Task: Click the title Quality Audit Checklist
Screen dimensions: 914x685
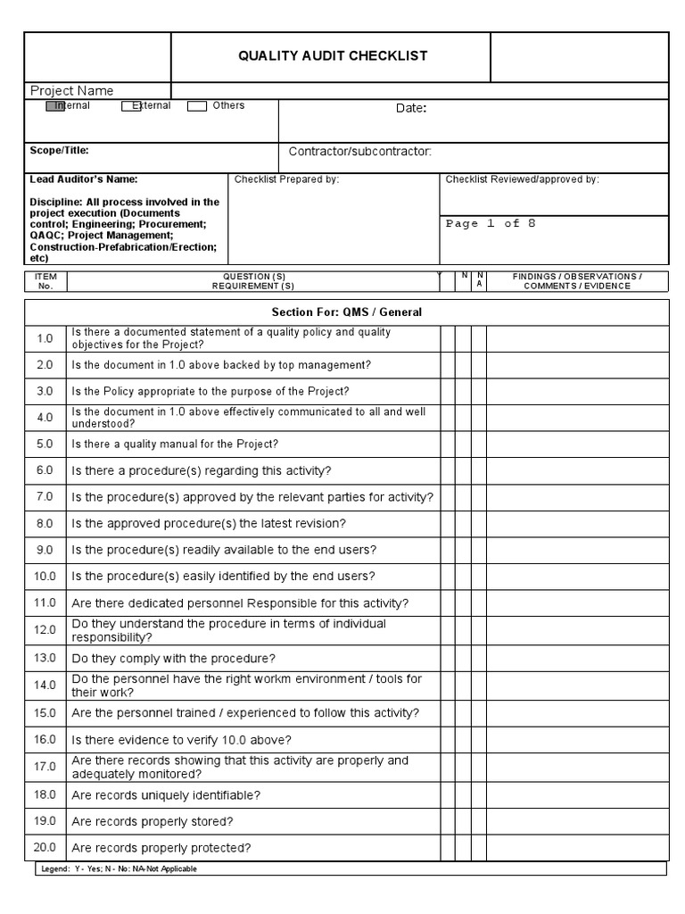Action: click(x=332, y=56)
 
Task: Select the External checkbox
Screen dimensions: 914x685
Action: click(x=127, y=106)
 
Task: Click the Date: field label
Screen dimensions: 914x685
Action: click(x=411, y=109)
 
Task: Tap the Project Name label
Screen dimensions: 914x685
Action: click(x=72, y=90)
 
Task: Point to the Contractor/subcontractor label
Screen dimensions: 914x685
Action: click(x=359, y=152)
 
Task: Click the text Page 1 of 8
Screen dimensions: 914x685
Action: click(x=491, y=224)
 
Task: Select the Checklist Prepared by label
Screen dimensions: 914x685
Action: click(x=286, y=179)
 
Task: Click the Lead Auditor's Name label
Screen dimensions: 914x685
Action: click(x=84, y=179)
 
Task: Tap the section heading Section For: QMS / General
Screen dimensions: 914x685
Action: click(x=346, y=312)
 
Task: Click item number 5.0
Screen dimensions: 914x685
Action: click(x=45, y=444)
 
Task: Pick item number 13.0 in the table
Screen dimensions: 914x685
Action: click(x=45, y=658)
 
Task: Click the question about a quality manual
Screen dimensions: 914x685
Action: click(x=175, y=444)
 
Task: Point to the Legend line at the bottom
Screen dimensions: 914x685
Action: click(x=120, y=868)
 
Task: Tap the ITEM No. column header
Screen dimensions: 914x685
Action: click(x=45, y=281)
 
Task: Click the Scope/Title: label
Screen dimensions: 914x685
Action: click(x=60, y=151)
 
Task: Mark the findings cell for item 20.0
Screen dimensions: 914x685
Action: click(x=576, y=848)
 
